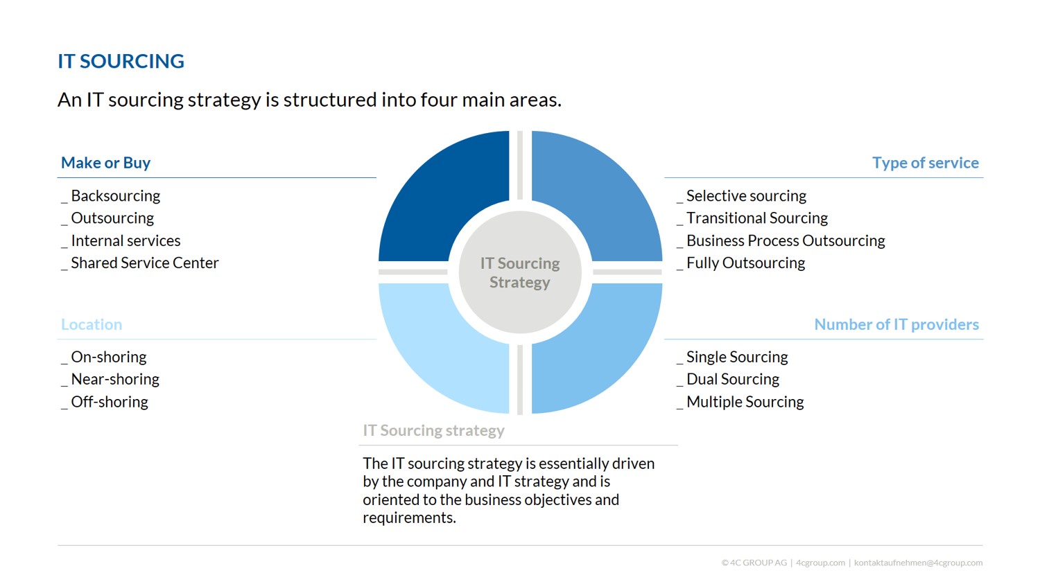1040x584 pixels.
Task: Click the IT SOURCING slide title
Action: [121, 61]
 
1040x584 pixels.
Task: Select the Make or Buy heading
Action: [106, 163]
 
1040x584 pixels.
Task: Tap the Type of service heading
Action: [926, 163]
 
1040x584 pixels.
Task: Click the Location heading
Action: [92, 324]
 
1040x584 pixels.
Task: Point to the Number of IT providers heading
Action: [896, 324]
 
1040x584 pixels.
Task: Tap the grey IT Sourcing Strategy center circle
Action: [520, 272]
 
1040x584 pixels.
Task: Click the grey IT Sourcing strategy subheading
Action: [433, 430]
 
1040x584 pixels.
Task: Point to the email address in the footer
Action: [918, 563]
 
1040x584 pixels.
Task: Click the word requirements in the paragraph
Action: [409, 517]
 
